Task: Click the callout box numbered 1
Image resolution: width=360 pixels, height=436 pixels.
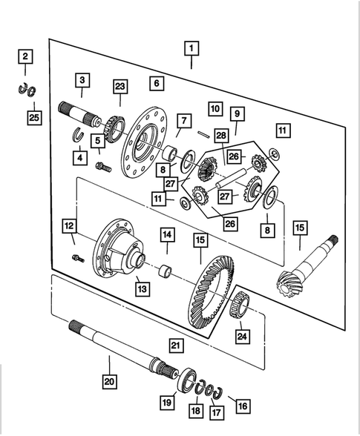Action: click(191, 49)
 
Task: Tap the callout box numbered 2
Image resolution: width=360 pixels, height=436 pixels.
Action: click(25, 56)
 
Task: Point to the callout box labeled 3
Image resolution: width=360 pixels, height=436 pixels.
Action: click(82, 80)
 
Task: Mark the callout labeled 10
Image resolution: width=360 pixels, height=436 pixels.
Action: click(215, 109)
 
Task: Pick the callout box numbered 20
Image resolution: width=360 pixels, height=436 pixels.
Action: click(109, 382)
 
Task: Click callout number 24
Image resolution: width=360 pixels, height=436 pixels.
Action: click(240, 337)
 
